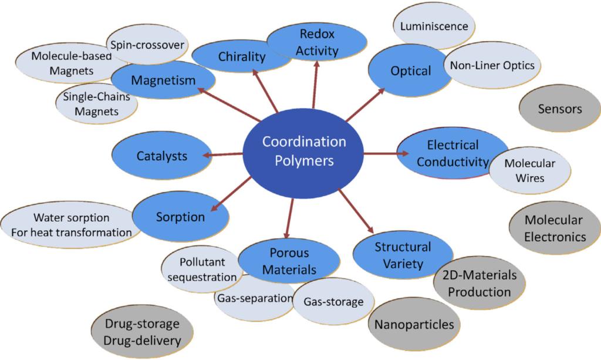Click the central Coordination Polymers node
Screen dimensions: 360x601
[303, 151]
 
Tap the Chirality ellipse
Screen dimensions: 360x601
[242, 57]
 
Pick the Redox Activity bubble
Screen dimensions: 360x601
[317, 43]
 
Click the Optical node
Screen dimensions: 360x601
[411, 71]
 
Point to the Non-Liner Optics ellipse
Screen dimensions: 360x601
[492, 65]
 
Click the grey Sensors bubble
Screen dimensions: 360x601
[560, 109]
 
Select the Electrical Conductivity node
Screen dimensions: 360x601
[453, 153]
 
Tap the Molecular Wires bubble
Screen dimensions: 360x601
[529, 170]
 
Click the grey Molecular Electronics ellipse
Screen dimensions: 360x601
[555, 228]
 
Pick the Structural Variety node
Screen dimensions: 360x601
[403, 255]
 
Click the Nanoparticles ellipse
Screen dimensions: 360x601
[414, 324]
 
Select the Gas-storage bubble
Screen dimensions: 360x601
[333, 302]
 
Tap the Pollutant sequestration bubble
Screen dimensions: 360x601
[201, 269]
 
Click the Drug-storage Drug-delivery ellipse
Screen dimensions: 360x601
[143, 331]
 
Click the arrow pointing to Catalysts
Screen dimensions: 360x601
[223, 155]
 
